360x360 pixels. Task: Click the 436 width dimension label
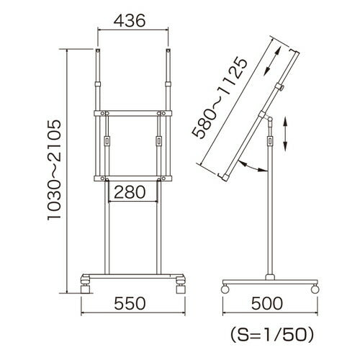tap(130, 21)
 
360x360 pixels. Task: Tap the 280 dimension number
tap(130, 192)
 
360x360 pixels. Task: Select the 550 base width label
tap(130, 304)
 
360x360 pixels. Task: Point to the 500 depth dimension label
tap(267, 304)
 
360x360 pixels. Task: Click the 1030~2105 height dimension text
tap(54, 170)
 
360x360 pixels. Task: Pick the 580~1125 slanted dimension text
tap(220, 97)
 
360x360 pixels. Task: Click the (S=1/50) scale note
tap(272, 335)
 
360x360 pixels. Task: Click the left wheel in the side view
tap(225, 289)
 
